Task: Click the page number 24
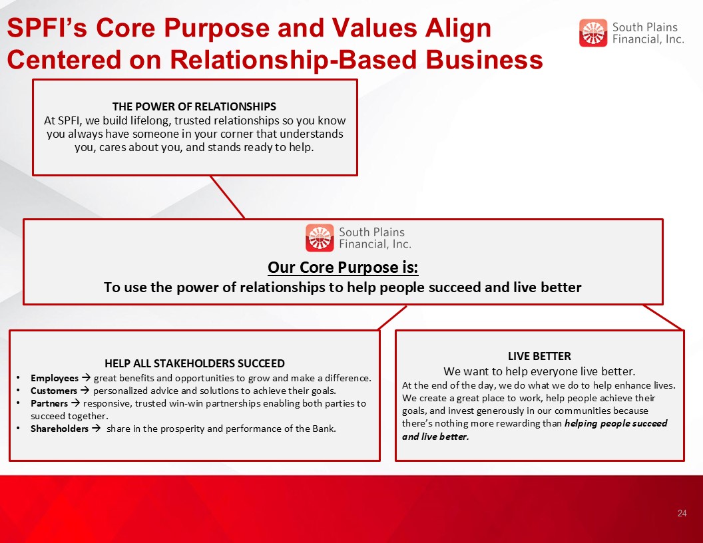tap(682, 513)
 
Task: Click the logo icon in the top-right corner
tap(592, 33)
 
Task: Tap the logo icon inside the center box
tap(320, 238)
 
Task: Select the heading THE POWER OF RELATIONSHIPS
tap(194, 106)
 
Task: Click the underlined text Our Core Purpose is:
tap(343, 267)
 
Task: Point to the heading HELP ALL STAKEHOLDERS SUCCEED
tap(194, 363)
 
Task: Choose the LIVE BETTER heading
tap(539, 356)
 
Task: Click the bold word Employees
tap(54, 378)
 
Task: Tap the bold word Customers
tap(54, 391)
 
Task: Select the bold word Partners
tap(49, 403)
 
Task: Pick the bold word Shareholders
tap(60, 429)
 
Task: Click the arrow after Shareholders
tap(96, 429)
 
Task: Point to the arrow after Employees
tap(86, 378)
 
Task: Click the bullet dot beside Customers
tap(17, 391)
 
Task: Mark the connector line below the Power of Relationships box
tap(227, 197)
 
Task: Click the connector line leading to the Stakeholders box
tap(392, 318)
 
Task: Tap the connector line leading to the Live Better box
tap(663, 317)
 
